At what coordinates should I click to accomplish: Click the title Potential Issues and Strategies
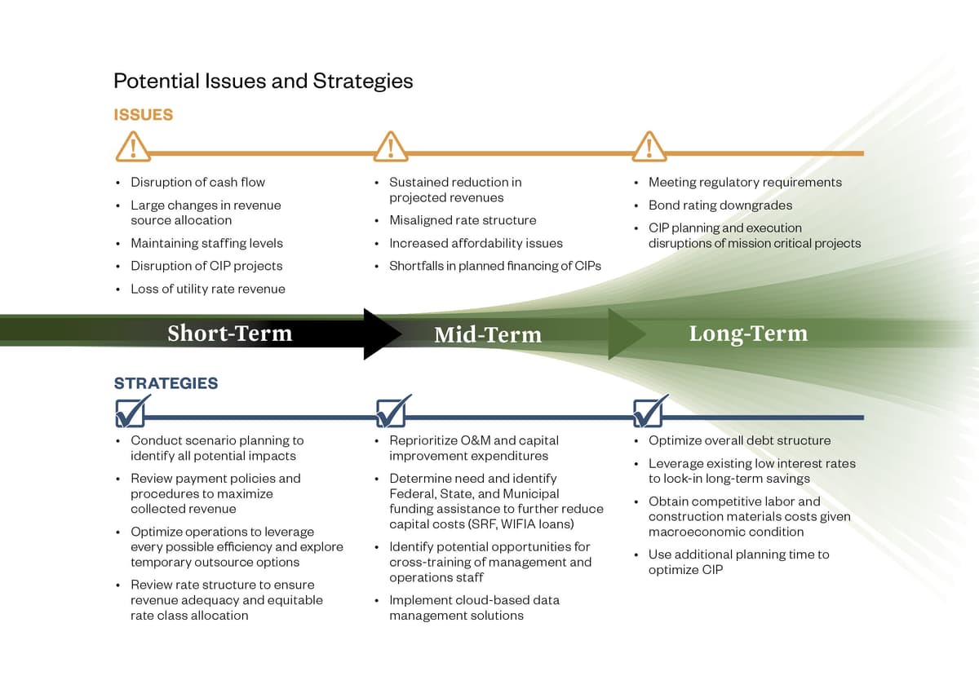[263, 81]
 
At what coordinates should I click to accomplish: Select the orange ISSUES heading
[143, 115]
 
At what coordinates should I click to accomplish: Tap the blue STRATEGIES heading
[166, 383]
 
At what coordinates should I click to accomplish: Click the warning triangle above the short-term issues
[132, 147]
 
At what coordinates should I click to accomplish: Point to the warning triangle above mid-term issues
[391, 147]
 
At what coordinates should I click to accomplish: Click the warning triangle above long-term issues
[649, 147]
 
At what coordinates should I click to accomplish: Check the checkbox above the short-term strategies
[131, 413]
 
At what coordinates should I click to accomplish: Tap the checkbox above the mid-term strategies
[391, 413]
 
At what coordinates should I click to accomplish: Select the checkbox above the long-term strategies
[649, 413]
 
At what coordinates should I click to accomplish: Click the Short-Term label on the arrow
[229, 334]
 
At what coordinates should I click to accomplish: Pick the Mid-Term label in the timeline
[488, 334]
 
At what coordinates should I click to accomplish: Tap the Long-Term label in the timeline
[748, 334]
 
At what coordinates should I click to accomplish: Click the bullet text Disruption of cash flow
[197, 182]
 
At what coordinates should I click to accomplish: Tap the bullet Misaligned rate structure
[463, 220]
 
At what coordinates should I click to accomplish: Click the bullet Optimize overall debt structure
[739, 440]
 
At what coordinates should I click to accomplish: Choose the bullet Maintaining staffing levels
[206, 243]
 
